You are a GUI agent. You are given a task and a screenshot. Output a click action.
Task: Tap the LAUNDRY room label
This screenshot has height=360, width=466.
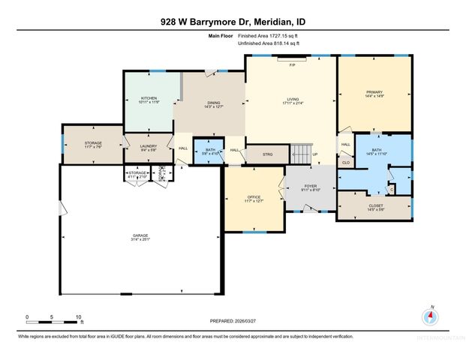click(148, 148)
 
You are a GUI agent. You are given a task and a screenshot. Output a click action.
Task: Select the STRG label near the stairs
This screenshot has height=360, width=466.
click(268, 154)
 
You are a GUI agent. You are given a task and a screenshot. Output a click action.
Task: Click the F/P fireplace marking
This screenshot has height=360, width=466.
click(293, 65)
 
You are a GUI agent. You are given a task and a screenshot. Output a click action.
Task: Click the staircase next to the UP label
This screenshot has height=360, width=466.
click(300, 154)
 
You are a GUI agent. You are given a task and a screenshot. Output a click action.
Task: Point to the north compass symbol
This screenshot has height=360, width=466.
click(430, 316)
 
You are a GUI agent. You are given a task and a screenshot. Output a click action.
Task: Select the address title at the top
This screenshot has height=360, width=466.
click(233, 22)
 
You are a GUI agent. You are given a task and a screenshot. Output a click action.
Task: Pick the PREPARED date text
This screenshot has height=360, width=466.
click(233, 321)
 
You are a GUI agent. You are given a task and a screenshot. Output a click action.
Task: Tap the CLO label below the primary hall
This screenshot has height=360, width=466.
click(345, 161)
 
